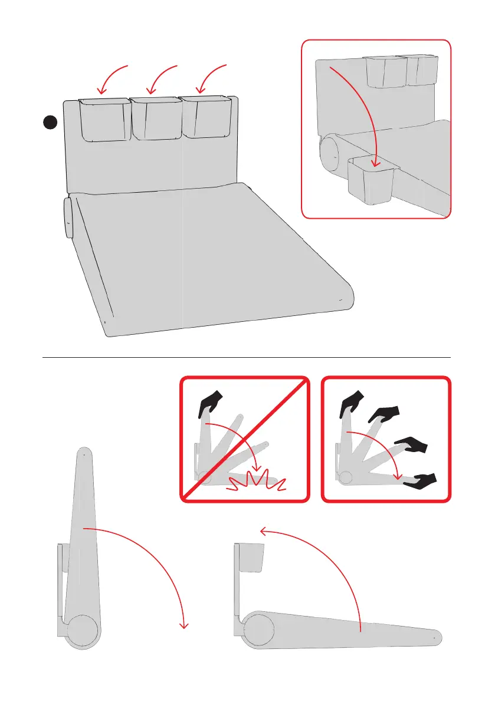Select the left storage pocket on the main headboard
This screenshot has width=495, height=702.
coord(104,120)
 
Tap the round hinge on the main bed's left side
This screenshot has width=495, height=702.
coord(68,217)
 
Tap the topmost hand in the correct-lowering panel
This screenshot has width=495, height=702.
coord(352,403)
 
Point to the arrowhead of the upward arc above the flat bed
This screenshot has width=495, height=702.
coord(264,532)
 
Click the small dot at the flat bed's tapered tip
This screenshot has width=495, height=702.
coord(434,637)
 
